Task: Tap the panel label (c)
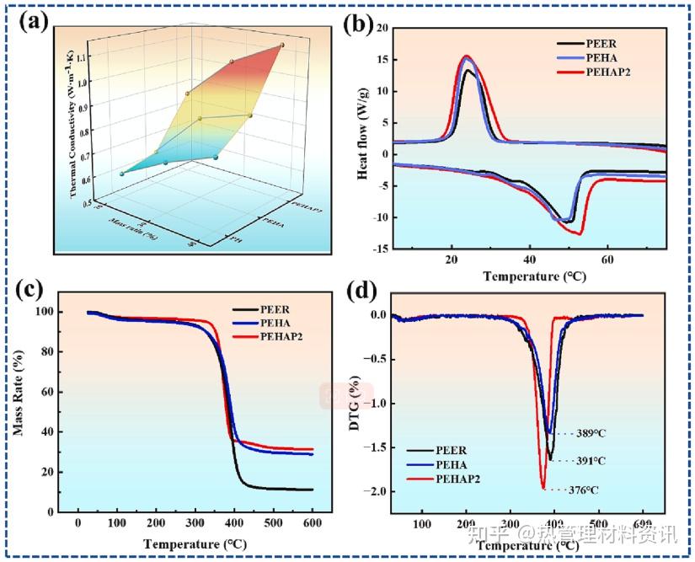coord(32,288)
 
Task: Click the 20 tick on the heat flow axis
coord(379,28)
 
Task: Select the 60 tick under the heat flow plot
coord(607,259)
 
